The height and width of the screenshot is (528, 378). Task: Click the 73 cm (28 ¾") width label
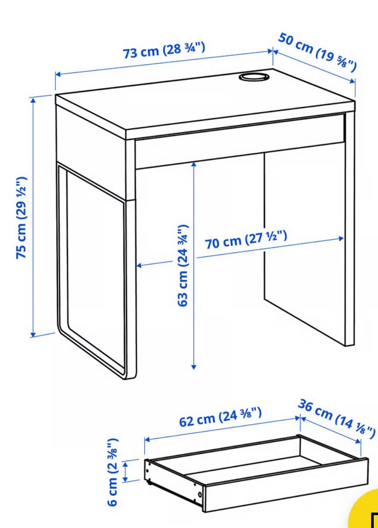point(164,50)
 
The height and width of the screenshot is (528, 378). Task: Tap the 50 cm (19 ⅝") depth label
point(317,53)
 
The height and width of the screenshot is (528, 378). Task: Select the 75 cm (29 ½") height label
point(21,218)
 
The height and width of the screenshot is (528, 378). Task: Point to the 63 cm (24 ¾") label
point(183,266)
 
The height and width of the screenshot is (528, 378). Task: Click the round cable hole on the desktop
point(254,77)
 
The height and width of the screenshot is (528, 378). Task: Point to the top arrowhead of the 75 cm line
point(33,101)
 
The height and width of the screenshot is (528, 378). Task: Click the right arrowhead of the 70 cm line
point(341,238)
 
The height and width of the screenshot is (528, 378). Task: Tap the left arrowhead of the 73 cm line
point(58,75)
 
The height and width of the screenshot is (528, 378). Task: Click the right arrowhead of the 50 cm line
point(352,81)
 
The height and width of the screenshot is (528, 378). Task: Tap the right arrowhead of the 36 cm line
point(358,441)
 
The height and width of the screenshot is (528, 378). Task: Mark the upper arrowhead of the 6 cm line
point(126,464)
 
